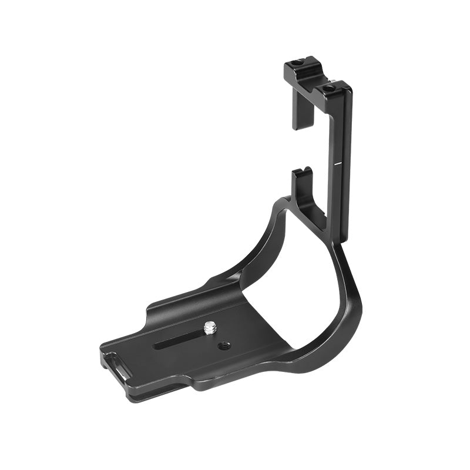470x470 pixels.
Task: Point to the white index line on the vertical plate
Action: (x=338, y=159)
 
